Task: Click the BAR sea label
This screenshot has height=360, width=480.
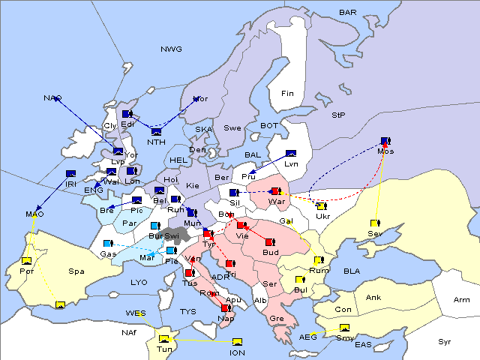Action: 347,13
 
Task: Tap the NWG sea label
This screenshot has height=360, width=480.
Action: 171,49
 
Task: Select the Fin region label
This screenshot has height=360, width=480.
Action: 287,94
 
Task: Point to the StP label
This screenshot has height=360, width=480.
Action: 339,115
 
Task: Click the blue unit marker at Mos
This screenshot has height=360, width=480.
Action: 385,140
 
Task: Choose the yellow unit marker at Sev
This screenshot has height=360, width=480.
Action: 374,223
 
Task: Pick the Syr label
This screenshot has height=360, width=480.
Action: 445,341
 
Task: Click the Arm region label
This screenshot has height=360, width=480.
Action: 463,300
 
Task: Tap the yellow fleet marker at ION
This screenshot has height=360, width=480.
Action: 238,342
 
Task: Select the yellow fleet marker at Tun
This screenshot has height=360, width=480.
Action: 164,337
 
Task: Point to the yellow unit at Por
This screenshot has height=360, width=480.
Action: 26,260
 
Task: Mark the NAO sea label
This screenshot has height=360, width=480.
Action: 52,98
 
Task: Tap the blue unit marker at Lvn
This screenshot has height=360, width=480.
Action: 291,154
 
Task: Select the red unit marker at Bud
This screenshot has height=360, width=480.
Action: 269,242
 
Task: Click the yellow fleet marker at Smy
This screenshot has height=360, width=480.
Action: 345,328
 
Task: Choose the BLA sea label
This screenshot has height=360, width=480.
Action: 352,271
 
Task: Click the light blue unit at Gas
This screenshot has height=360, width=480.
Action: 107,244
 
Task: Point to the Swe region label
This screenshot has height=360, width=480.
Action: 232,128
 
